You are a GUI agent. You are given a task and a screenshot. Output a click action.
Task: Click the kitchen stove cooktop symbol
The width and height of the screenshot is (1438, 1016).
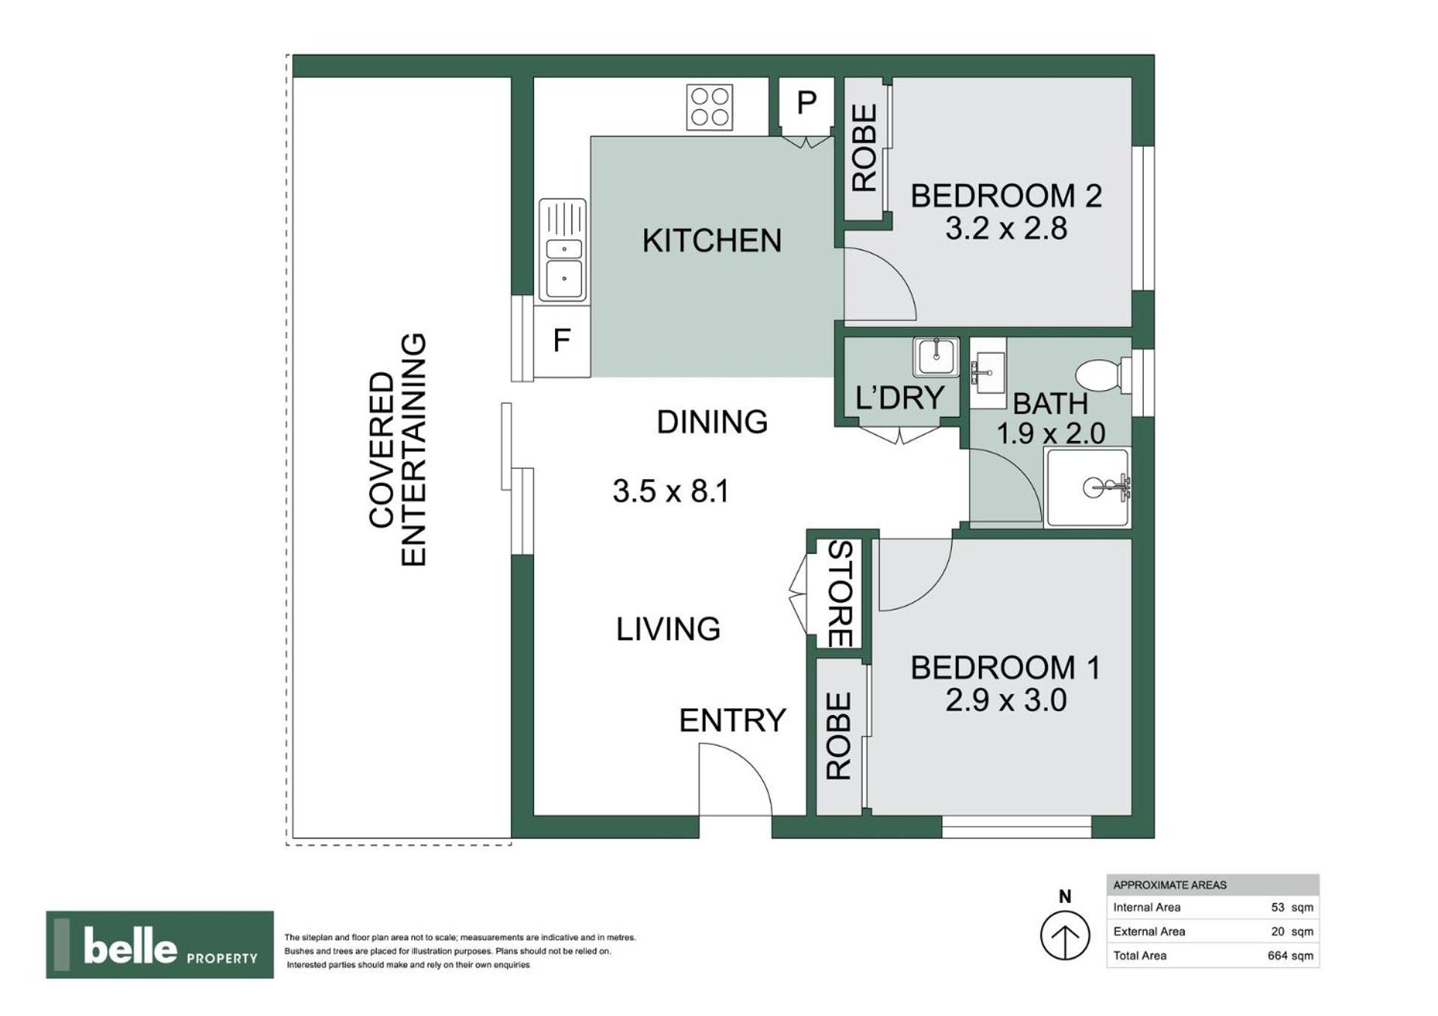click(709, 107)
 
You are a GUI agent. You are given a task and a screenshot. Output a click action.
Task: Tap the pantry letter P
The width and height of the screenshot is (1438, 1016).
click(806, 103)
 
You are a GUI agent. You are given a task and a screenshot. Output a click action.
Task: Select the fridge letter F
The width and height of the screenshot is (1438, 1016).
click(562, 341)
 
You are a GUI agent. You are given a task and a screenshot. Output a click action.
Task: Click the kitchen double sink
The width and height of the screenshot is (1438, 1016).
click(562, 250)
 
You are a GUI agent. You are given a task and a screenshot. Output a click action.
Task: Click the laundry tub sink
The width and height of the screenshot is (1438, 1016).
click(935, 357)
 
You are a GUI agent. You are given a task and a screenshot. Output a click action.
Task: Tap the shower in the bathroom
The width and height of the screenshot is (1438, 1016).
click(1087, 487)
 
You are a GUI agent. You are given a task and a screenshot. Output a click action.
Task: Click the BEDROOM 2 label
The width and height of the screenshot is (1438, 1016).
click(1006, 196)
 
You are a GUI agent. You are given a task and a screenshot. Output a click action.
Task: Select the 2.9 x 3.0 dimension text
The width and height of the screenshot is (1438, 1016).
click(1006, 701)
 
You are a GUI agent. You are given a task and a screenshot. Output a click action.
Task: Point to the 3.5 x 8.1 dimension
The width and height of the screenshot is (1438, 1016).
click(670, 491)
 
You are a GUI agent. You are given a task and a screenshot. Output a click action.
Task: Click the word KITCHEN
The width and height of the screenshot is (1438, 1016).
click(712, 240)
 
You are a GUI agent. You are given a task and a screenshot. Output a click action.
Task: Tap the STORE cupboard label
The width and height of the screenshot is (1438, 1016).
click(840, 594)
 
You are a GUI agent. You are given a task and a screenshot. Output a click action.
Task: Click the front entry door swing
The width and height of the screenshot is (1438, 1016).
click(735, 779)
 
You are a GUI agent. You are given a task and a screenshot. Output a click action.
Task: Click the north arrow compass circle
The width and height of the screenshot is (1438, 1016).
click(1064, 935)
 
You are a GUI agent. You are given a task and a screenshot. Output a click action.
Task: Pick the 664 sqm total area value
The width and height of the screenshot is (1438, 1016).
click(1290, 955)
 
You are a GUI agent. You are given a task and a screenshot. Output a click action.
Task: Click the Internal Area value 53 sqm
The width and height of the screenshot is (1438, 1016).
click(1292, 907)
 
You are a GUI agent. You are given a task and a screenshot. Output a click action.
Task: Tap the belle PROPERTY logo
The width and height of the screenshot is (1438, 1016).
click(160, 945)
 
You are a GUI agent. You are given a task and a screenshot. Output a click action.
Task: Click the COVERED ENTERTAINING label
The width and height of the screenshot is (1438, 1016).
click(397, 450)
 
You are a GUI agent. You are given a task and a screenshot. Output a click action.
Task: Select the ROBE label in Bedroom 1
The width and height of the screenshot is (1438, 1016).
click(839, 736)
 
